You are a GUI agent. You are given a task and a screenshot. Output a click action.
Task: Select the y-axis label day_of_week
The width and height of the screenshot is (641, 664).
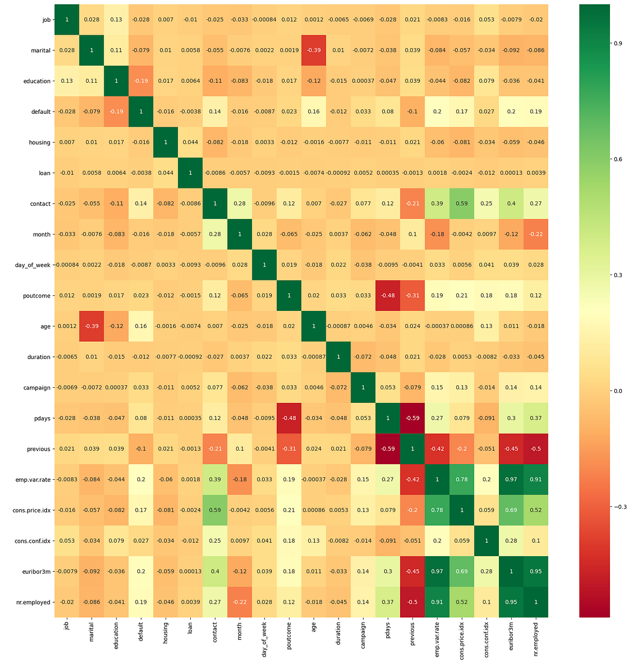click(33, 265)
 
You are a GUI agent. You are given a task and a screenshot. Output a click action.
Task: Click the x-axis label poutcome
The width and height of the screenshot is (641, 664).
click(289, 634)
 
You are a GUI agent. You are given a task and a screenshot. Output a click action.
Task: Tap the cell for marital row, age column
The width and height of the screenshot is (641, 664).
click(314, 50)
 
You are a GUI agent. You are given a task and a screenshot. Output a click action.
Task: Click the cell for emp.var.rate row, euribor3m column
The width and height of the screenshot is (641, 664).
click(511, 480)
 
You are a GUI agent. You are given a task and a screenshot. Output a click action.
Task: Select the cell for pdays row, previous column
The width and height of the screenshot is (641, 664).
click(412, 418)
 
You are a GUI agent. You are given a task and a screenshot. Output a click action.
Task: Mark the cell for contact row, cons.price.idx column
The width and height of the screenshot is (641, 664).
click(462, 204)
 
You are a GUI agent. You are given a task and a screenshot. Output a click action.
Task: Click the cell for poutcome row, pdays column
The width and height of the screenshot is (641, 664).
click(388, 295)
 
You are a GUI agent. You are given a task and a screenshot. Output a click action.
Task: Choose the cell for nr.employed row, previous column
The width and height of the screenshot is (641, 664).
click(412, 602)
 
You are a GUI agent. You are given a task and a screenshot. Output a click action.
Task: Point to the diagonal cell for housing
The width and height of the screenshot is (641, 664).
click(166, 142)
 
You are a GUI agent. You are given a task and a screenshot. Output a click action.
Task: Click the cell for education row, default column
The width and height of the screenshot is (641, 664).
click(141, 81)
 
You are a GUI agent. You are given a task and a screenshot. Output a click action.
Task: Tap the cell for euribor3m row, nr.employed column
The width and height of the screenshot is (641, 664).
click(536, 572)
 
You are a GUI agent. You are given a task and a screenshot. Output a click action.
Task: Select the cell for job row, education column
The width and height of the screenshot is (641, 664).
click(116, 20)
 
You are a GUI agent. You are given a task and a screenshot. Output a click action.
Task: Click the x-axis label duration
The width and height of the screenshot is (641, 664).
click(338, 633)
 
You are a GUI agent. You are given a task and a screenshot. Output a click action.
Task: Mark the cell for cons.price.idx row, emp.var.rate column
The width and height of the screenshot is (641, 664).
click(437, 510)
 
